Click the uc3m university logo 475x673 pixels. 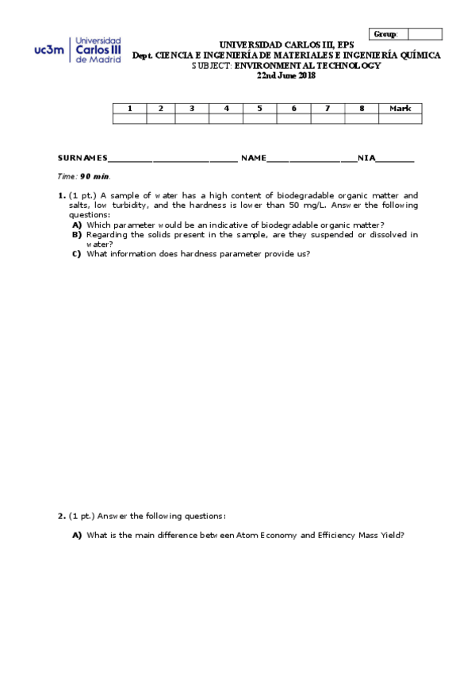point(78,48)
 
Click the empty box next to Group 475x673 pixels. point(424,34)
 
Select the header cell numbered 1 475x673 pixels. point(129,108)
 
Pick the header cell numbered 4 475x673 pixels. point(226,108)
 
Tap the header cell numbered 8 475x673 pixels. point(362,108)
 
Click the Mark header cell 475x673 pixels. point(400,108)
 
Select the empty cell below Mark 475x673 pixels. point(400,119)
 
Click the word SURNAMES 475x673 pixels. point(82,159)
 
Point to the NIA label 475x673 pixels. point(366,159)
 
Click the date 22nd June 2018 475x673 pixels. point(286,75)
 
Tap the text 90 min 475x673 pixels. point(95,176)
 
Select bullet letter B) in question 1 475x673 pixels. point(77,235)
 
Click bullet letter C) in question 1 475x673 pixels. point(77,254)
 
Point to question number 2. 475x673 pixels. point(61,516)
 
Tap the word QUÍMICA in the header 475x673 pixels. point(418,56)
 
